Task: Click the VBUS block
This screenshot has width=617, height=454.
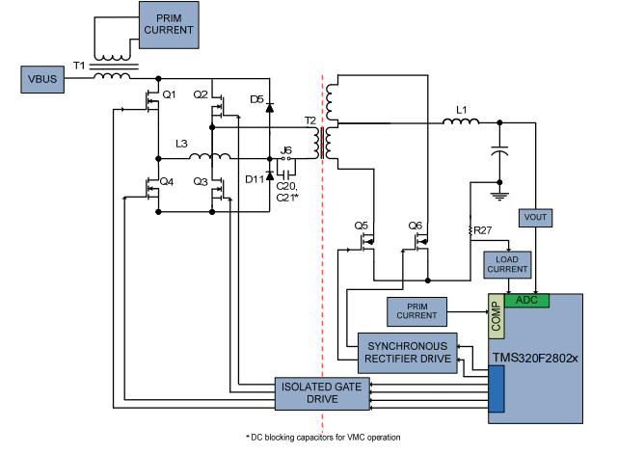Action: click(x=40, y=79)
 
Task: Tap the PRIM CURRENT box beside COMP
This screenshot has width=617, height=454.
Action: click(x=417, y=311)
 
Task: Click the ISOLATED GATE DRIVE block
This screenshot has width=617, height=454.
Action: click(x=308, y=392)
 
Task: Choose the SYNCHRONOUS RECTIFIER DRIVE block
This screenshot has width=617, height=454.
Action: click(x=405, y=353)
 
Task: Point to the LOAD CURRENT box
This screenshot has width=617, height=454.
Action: click(x=507, y=263)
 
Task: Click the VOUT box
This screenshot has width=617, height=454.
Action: click(x=534, y=219)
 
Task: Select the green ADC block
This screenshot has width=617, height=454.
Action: click(x=526, y=300)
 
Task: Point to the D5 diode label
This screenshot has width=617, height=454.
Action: click(x=256, y=99)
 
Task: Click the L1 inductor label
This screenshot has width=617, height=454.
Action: click(x=461, y=111)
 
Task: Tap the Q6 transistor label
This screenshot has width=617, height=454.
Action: click(x=416, y=226)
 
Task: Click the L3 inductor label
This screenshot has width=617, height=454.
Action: click(x=181, y=144)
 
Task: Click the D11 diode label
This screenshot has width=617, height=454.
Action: click(x=255, y=178)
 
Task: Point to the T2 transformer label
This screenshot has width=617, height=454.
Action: click(x=309, y=120)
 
